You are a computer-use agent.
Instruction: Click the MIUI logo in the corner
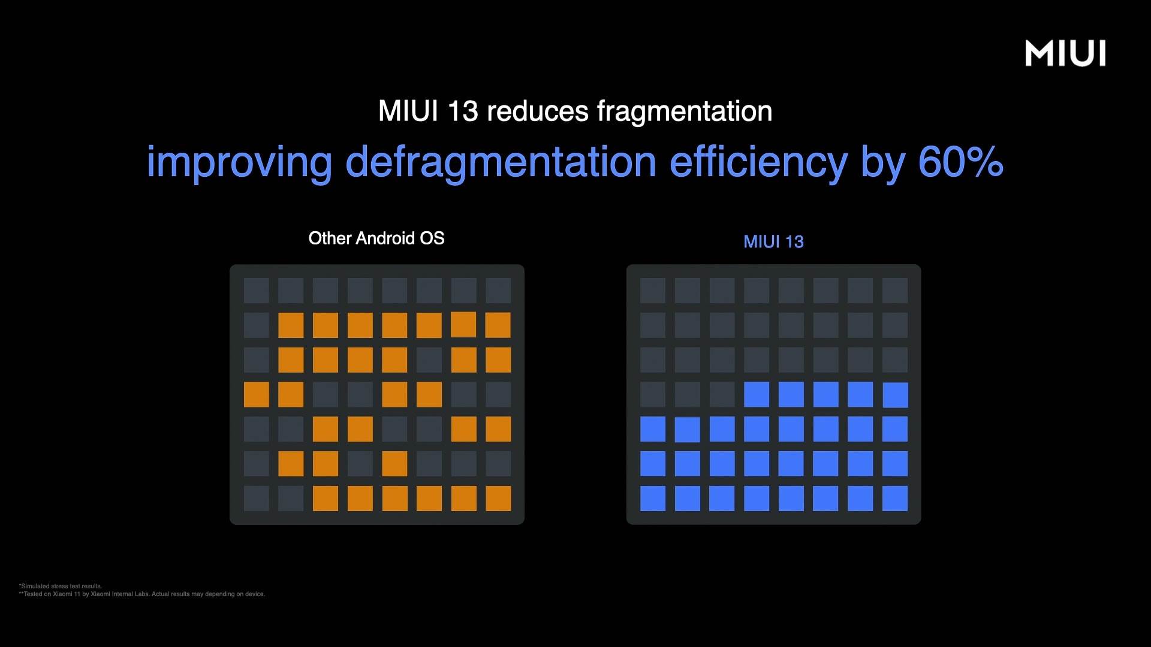coord(1065,53)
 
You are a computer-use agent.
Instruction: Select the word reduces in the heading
coord(538,111)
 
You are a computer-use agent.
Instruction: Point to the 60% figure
coord(960,162)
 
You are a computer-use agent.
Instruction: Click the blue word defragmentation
coord(501,162)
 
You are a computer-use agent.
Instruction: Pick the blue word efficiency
coord(758,162)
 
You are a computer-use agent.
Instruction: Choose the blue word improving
coord(239,162)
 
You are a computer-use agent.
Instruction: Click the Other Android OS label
coord(376,238)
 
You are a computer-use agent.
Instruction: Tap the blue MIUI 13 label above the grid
coord(773,241)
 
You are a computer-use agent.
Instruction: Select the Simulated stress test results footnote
coord(61,586)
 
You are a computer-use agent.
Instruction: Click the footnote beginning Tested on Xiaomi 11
coord(143,594)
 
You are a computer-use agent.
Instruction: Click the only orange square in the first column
coord(257,395)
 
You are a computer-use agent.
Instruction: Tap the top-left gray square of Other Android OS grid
coord(257,291)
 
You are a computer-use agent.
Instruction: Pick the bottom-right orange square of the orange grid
coord(498,498)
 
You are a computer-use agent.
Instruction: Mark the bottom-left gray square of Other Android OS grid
coord(257,498)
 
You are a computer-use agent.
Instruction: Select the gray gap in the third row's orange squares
coord(429,360)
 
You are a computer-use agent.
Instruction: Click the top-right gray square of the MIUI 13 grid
coord(895,291)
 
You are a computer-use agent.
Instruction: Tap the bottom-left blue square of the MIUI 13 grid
coord(653,498)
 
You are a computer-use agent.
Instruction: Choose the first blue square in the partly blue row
coord(757,395)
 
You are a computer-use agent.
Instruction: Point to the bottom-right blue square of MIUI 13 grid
coord(895,498)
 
